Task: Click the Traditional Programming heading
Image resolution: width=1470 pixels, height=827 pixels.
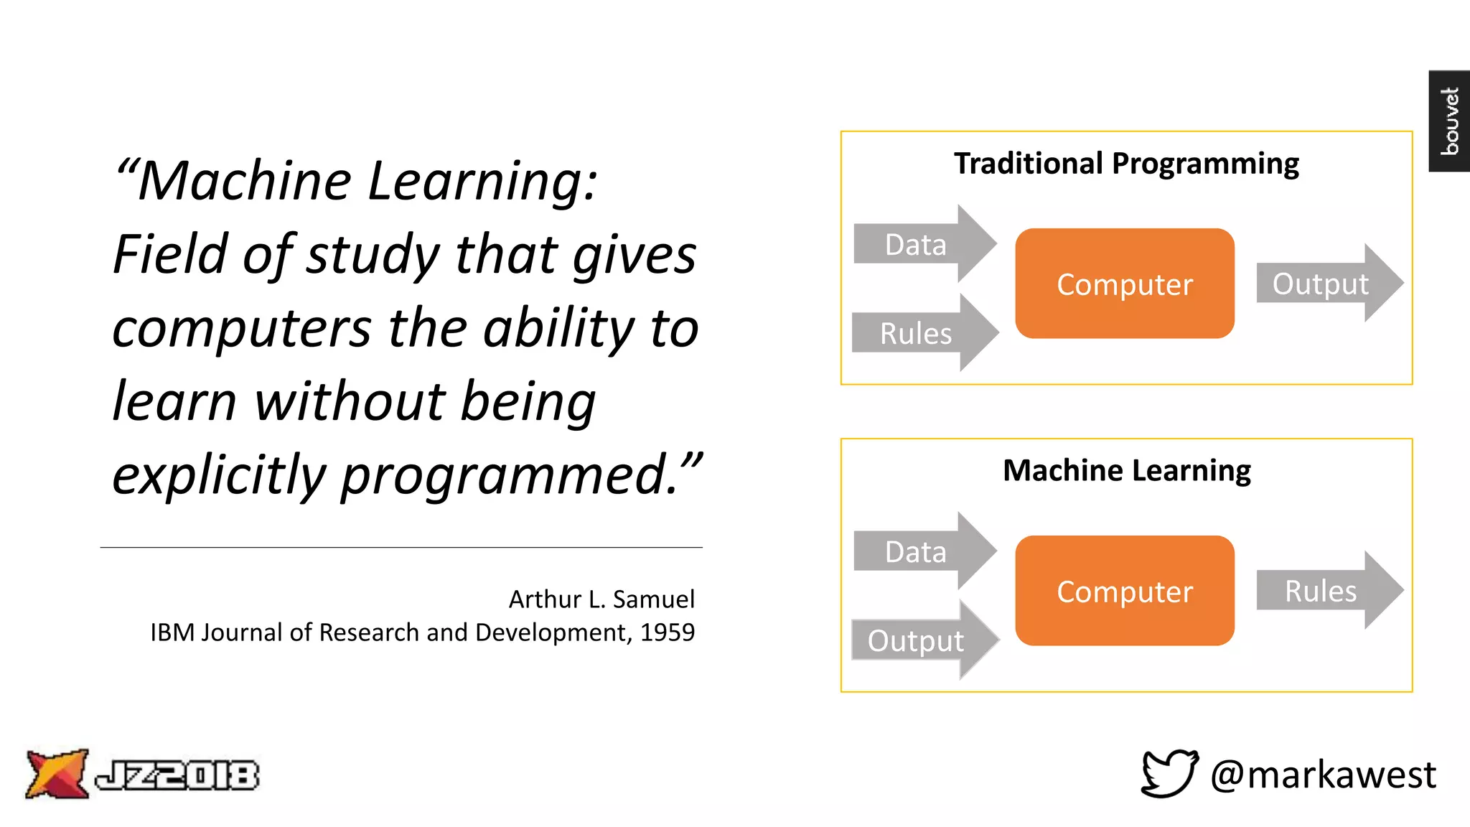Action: pos(1125,164)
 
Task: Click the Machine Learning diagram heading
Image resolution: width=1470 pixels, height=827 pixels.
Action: pos(1126,471)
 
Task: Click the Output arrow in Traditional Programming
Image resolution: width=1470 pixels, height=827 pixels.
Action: pos(1325,284)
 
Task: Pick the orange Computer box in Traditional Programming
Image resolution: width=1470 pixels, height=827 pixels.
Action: pos(1124,284)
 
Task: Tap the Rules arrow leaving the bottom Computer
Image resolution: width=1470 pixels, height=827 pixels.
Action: pos(1325,591)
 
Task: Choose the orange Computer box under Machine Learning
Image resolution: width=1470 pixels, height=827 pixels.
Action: pos(1124,591)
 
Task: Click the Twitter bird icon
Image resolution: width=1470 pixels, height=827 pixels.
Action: pos(1169,773)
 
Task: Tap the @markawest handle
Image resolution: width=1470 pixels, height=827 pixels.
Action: pos(1322,775)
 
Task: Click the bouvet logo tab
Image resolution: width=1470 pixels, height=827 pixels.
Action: pos(1449,121)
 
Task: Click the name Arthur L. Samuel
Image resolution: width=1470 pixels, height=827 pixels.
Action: pos(601,599)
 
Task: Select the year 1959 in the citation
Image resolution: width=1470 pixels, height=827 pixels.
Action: pos(668,632)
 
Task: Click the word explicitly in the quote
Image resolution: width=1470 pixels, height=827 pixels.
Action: pos(219,475)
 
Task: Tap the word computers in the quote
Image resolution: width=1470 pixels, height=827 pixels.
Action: pos(241,328)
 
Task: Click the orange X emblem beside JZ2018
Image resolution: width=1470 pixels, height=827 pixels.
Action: pos(56,774)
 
